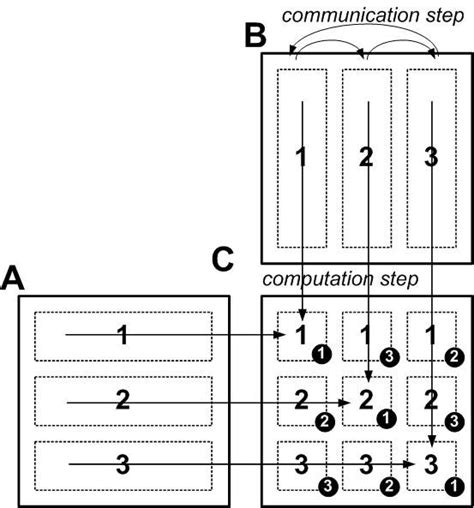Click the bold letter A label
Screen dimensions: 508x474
pos(14,277)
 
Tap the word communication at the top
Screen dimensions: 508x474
pos(337,15)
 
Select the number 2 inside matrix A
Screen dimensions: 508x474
pos(121,400)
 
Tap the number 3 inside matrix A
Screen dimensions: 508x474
pos(121,463)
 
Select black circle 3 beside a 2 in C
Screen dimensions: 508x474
pos(453,421)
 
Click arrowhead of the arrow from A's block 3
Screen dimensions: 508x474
pos(411,464)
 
